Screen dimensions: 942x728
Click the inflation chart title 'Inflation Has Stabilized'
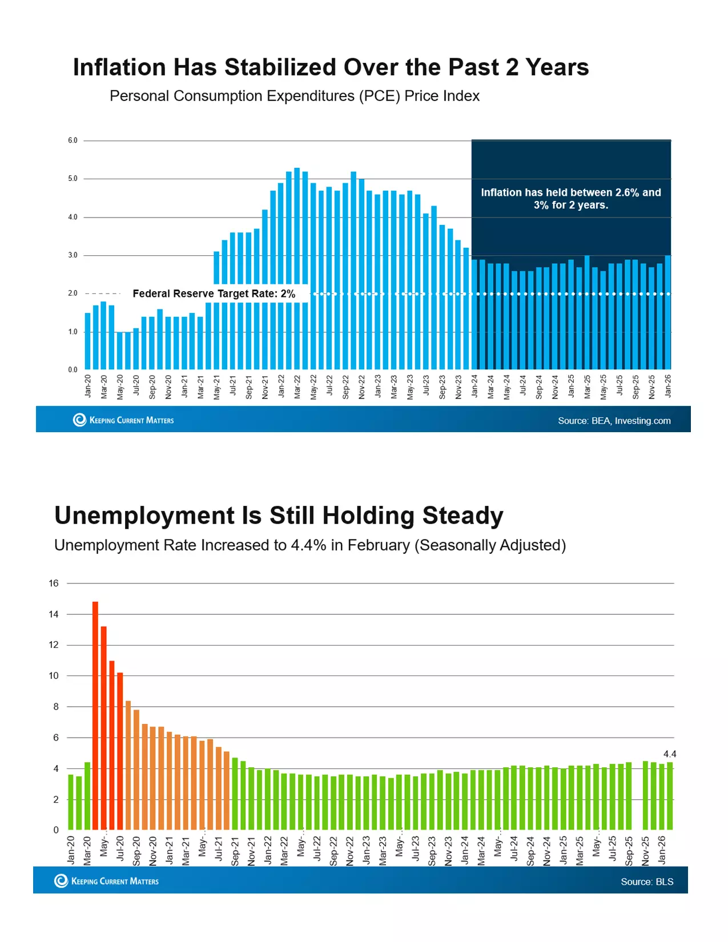point(331,67)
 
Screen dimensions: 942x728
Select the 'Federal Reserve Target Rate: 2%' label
point(214,294)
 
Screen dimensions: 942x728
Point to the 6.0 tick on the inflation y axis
point(73,140)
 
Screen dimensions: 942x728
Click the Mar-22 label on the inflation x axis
point(297,387)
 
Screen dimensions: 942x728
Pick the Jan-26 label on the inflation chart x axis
point(668,386)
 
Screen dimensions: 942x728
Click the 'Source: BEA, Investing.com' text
point(614,421)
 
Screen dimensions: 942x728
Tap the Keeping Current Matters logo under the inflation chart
point(123,420)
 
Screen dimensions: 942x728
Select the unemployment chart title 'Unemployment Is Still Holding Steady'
point(279,516)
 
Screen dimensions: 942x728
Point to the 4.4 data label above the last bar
point(670,754)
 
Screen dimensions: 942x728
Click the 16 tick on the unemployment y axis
point(54,583)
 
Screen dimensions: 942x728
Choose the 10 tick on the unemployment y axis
point(54,676)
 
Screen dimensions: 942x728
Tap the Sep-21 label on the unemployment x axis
point(235,851)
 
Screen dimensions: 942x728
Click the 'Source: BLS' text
point(647,882)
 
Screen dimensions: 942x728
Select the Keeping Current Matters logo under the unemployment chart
point(107,881)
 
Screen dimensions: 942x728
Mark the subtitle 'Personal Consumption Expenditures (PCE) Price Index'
point(294,96)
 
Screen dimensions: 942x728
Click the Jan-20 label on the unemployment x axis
point(71,850)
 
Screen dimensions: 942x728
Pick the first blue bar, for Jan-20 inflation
point(87,341)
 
